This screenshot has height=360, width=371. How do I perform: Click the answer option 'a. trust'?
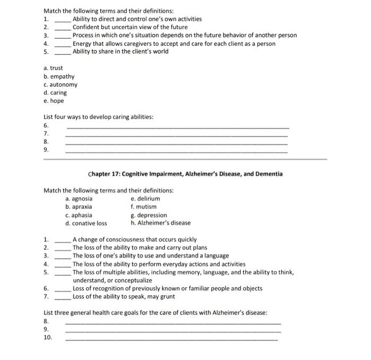pos(53,68)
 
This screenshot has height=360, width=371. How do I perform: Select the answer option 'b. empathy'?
pos(59,76)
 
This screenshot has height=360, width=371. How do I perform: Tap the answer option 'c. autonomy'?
pos(60,84)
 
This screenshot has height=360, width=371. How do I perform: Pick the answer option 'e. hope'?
pos(54,100)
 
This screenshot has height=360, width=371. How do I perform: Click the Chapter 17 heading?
pos(185,174)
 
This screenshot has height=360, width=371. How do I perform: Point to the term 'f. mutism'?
pos(143,207)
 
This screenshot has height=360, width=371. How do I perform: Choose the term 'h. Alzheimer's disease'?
pos(160,223)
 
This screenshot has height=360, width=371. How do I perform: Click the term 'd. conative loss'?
pos(86,223)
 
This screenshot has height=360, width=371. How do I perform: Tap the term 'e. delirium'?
pos(145,199)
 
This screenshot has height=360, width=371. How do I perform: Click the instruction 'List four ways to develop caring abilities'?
pos(99,117)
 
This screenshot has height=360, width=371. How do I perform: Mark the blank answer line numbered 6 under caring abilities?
pos(177,127)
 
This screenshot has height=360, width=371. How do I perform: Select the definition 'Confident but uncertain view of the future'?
pos(130,27)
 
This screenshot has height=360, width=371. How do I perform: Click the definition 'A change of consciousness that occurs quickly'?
pos(134,240)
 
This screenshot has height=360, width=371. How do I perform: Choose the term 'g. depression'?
pos(148,215)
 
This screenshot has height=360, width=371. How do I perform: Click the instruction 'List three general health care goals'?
pos(155,312)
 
